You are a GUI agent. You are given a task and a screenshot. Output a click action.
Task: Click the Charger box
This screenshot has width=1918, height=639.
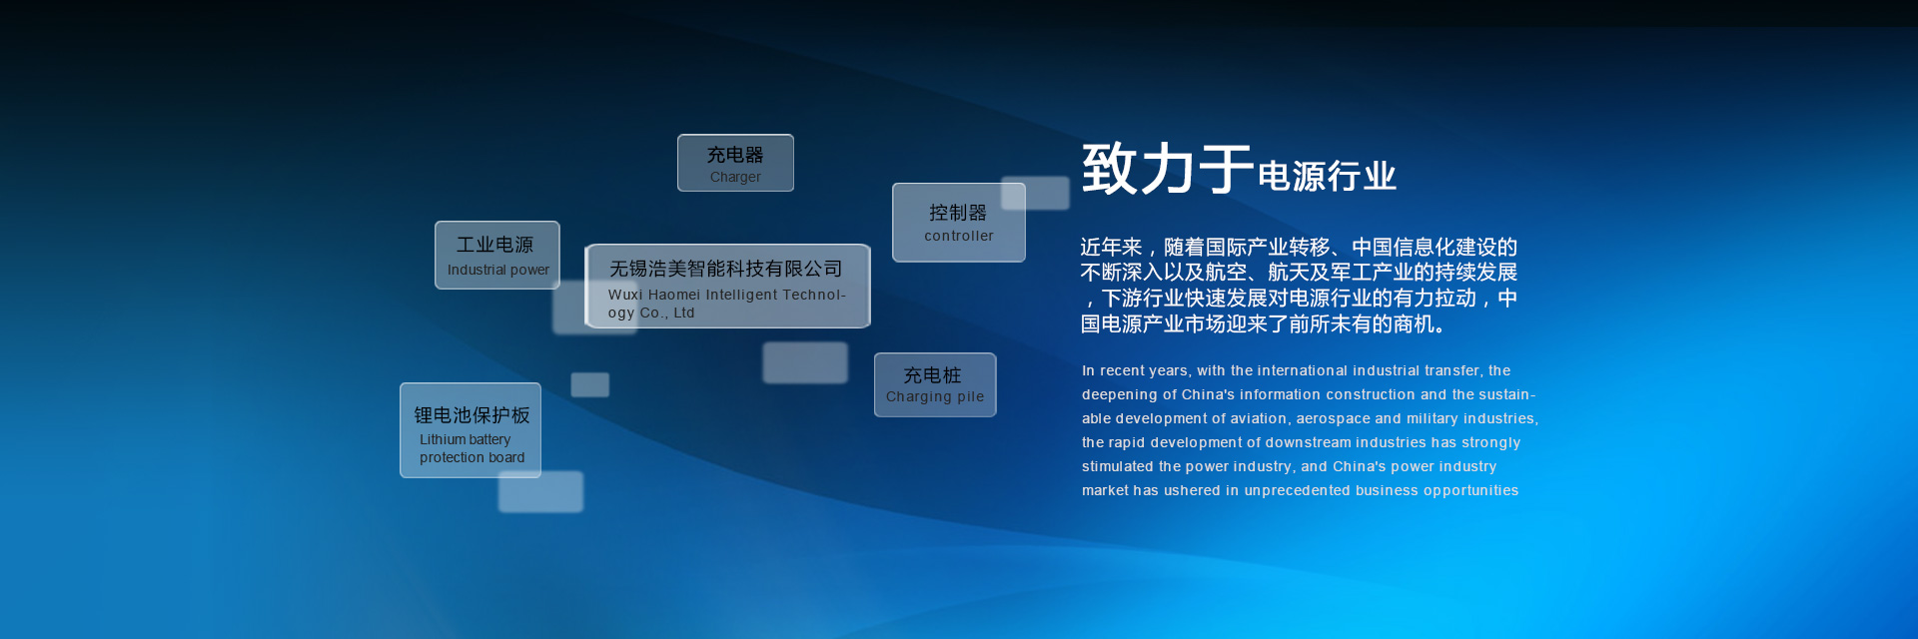(x=735, y=163)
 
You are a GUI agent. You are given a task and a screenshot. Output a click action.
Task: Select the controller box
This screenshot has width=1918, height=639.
(x=959, y=223)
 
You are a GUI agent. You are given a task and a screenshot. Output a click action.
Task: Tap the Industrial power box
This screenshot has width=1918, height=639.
(x=497, y=256)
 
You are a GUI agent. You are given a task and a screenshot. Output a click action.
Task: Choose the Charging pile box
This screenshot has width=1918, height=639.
(x=935, y=384)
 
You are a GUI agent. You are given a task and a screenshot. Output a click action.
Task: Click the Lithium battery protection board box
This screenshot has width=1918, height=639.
(x=471, y=430)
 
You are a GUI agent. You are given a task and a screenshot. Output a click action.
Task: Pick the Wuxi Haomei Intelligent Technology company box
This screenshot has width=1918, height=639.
(x=727, y=286)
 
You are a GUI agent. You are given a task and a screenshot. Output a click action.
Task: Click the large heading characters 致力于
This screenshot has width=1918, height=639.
(x=1168, y=168)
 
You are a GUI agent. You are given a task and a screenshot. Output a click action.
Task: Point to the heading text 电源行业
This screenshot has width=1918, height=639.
(x=1327, y=176)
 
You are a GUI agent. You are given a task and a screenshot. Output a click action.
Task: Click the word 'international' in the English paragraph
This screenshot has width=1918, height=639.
(x=1305, y=370)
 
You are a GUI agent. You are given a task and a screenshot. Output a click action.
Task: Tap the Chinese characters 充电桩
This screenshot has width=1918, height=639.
(x=932, y=375)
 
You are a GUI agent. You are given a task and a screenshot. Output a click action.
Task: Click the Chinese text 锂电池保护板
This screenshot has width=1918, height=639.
(x=472, y=415)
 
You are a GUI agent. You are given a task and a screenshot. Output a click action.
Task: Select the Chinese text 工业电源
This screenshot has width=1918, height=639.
(x=495, y=245)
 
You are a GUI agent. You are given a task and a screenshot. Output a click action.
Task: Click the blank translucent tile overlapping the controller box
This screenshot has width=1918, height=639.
(x=1035, y=194)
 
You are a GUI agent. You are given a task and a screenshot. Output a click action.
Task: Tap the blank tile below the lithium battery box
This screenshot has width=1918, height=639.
(x=540, y=491)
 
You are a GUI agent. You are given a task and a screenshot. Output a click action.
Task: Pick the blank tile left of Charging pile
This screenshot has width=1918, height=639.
(x=805, y=362)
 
